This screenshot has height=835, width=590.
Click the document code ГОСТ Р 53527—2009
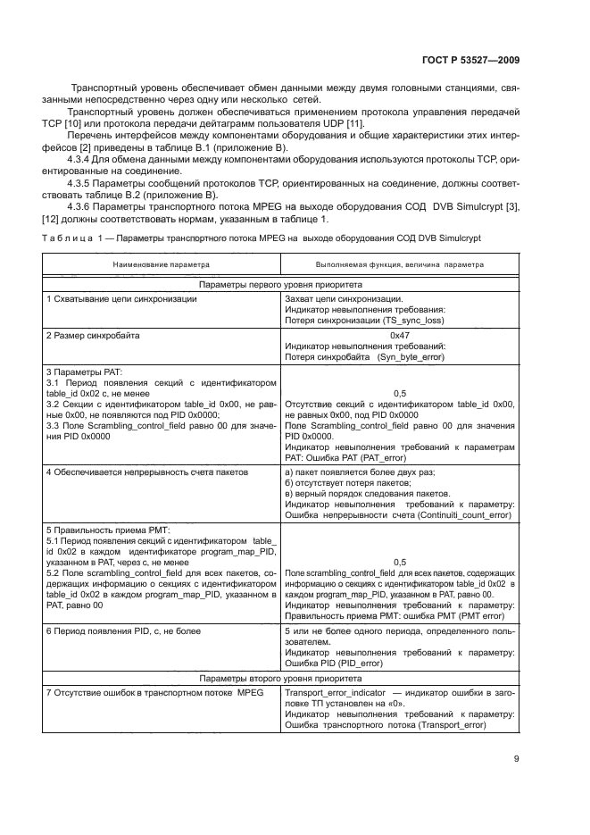[x=470, y=60]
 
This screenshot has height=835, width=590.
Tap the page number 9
[x=516, y=760]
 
